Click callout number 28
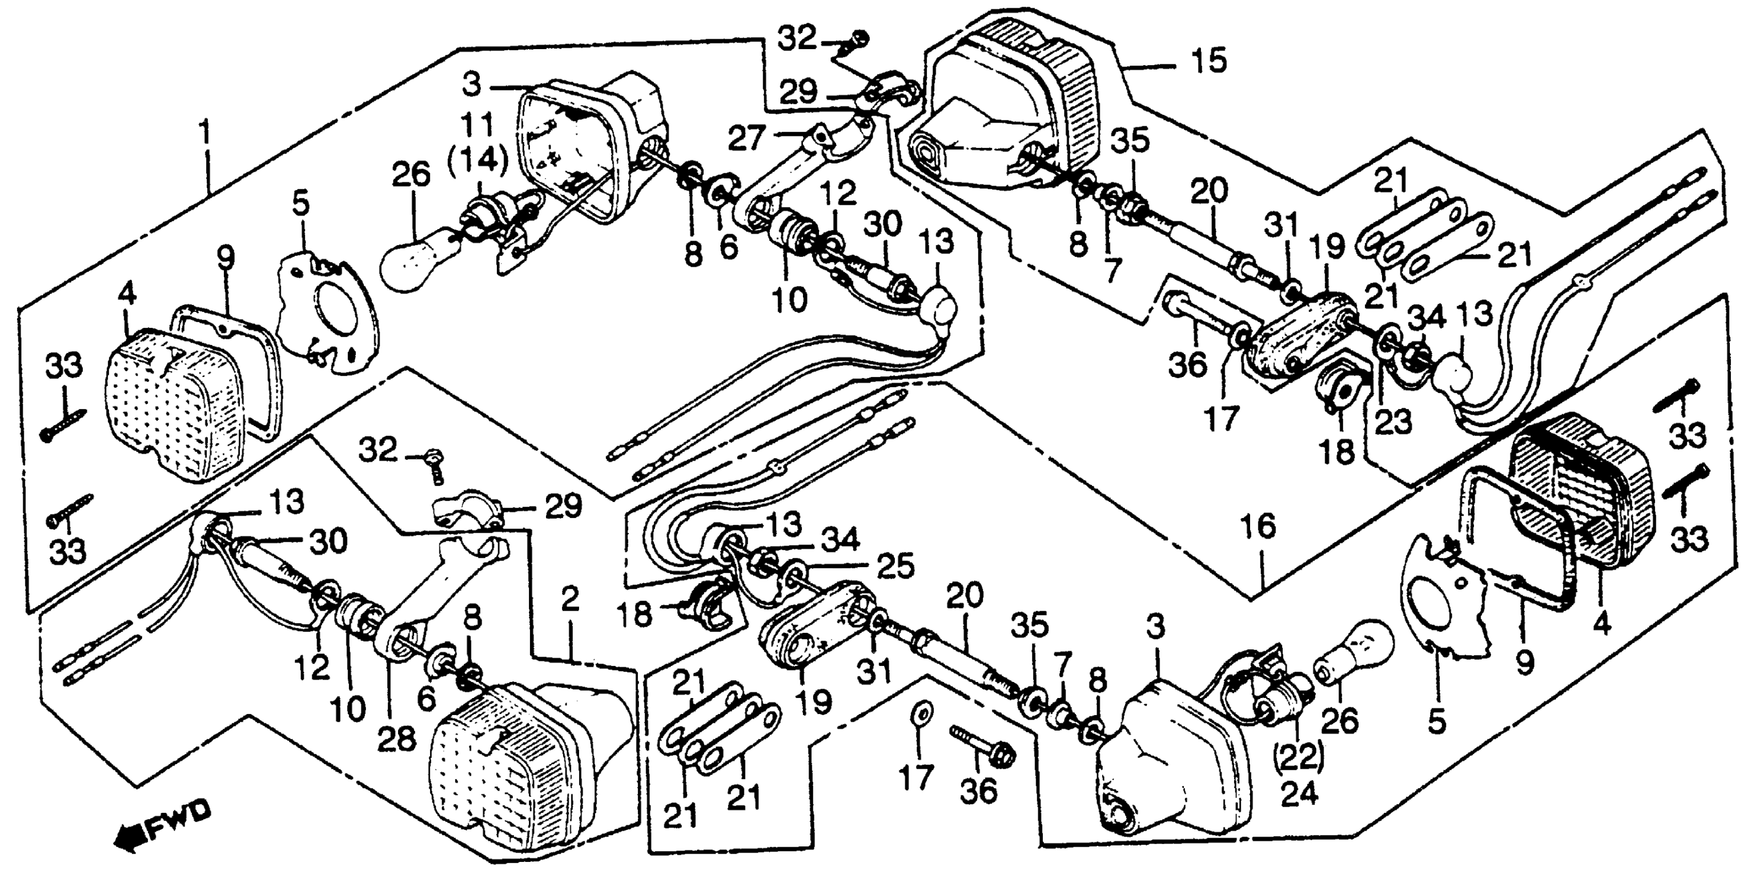pyautogui.click(x=397, y=739)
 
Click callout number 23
pyautogui.click(x=1394, y=422)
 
